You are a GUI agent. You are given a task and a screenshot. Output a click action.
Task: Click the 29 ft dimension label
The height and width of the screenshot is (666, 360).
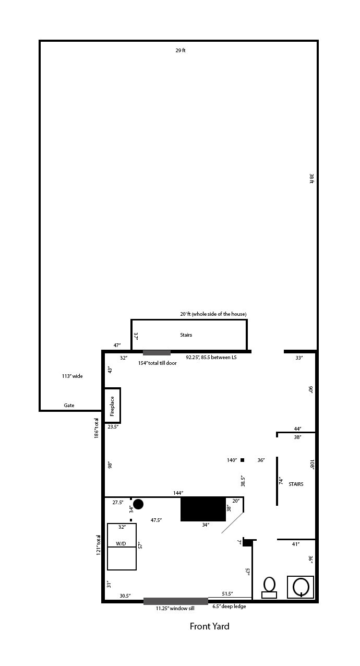click(181, 51)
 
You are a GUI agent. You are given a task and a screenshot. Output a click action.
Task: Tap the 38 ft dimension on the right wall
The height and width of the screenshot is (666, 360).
click(311, 179)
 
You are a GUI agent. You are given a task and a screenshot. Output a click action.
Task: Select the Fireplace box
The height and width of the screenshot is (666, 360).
click(112, 405)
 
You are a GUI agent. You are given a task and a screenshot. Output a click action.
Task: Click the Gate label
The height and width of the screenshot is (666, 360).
click(69, 405)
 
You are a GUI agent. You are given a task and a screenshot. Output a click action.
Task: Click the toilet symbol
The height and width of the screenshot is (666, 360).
click(269, 588)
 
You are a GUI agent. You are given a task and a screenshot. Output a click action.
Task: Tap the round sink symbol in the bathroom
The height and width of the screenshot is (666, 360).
click(301, 587)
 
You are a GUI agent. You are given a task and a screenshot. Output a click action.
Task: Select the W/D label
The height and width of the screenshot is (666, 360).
click(121, 544)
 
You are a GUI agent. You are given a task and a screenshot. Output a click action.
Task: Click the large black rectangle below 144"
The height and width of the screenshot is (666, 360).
click(203, 509)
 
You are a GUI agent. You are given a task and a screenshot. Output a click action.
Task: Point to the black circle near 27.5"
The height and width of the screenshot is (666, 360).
click(138, 504)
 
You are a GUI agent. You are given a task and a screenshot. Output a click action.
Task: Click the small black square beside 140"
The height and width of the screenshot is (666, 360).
click(242, 460)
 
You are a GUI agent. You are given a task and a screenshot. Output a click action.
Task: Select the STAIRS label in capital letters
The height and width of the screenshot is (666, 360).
click(296, 484)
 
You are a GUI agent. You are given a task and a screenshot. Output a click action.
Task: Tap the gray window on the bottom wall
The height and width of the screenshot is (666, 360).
click(176, 601)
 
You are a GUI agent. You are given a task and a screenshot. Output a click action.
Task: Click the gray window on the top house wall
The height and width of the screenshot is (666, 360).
click(157, 353)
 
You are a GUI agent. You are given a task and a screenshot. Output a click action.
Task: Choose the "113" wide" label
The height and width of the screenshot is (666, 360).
click(72, 376)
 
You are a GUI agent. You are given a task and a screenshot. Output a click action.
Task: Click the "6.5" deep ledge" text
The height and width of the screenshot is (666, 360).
click(229, 606)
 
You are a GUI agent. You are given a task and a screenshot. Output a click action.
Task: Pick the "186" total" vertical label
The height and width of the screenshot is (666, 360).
click(97, 428)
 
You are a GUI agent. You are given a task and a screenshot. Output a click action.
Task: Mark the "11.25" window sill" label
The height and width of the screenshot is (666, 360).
click(175, 608)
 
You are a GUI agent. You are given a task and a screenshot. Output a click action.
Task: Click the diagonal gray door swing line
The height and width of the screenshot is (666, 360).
click(233, 522)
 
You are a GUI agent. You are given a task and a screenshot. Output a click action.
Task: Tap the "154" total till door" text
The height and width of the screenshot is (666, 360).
click(157, 363)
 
